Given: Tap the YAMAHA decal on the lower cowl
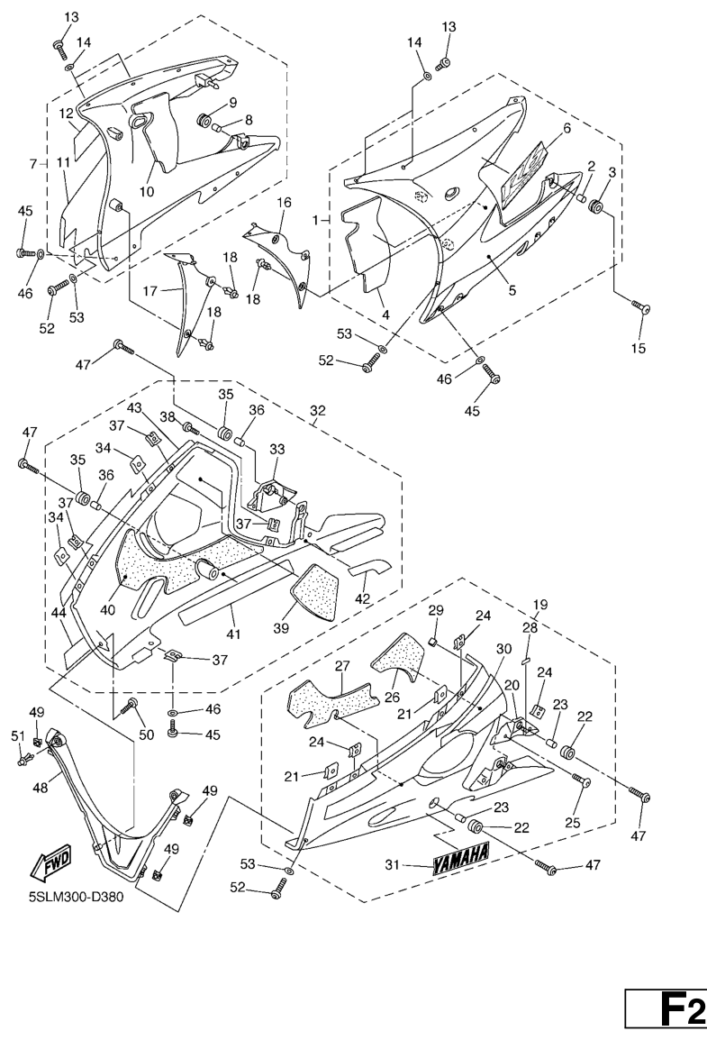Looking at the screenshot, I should pos(460,860).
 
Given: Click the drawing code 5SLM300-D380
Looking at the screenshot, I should pos(76,898).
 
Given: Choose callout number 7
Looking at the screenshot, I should pos(33,165).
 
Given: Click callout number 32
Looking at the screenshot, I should pos(317,412).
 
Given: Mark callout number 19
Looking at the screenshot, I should pos(540,604).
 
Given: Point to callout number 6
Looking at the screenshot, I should pos(567,128).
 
